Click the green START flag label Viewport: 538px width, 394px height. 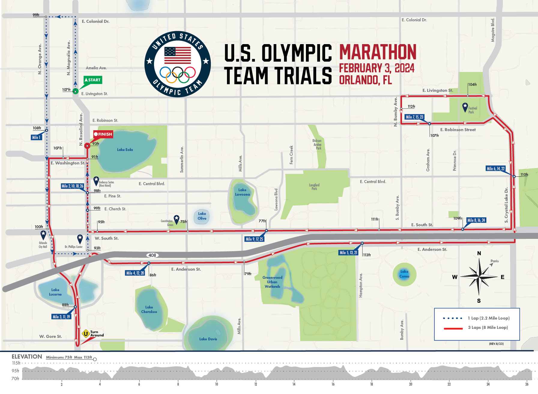(x=93, y=80)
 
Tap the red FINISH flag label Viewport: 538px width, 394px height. (x=103, y=134)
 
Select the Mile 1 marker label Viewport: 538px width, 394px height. (x=36, y=137)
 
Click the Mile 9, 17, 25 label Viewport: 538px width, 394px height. (x=254, y=239)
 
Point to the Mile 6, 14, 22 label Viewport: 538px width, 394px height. (x=496, y=169)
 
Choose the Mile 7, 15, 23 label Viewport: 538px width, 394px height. (x=414, y=117)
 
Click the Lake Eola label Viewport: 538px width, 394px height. (x=125, y=150)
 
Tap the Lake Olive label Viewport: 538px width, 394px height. (x=202, y=216)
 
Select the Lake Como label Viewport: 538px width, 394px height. (x=404, y=274)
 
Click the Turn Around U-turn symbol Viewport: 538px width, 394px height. (x=86, y=333)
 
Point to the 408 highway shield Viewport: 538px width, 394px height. (x=152, y=255)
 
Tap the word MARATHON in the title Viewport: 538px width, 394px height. (x=378, y=52)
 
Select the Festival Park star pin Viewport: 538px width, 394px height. (x=465, y=107)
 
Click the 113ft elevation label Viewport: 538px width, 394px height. (x=367, y=255)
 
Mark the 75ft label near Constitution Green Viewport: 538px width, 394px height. (x=183, y=222)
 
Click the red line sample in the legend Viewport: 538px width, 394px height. (x=453, y=329)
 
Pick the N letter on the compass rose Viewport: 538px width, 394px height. (x=479, y=253)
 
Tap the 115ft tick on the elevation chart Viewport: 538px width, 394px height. (x=16, y=363)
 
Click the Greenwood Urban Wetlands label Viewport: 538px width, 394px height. (x=272, y=282)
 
